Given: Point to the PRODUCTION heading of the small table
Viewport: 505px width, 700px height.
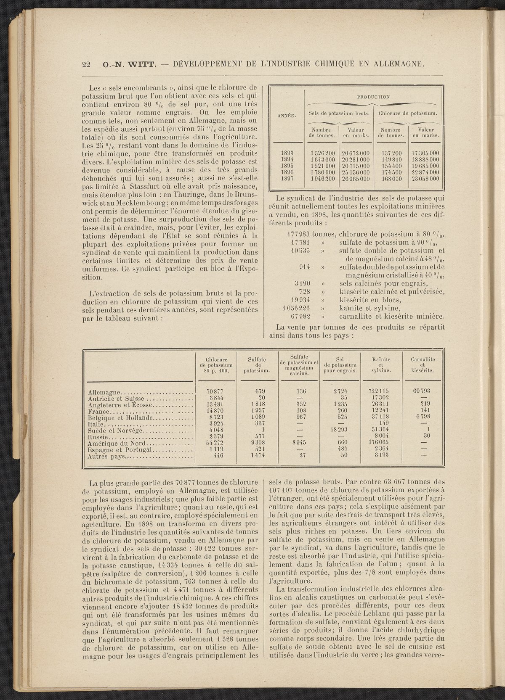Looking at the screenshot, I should [373, 96].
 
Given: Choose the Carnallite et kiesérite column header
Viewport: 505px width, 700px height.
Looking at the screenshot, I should [424, 365].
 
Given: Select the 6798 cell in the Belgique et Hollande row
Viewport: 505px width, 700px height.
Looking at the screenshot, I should [424, 417].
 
